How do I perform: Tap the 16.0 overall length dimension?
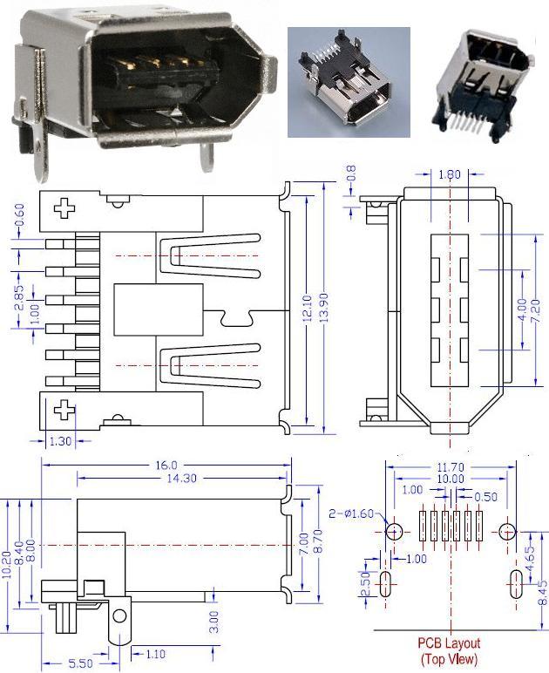pyautogui.click(x=166, y=465)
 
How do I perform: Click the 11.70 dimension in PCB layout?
pyautogui.click(x=451, y=467)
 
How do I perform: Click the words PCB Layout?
pyautogui.click(x=450, y=642)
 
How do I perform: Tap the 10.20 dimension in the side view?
pyautogui.click(x=9, y=550)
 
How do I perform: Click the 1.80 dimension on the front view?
pyautogui.click(x=448, y=173)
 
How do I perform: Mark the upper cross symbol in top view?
pyautogui.click(x=64, y=207)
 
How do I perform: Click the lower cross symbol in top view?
pyautogui.click(x=64, y=408)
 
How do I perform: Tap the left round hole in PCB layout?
pyautogui.click(x=393, y=530)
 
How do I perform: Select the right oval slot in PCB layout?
pyautogui.click(x=516, y=582)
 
